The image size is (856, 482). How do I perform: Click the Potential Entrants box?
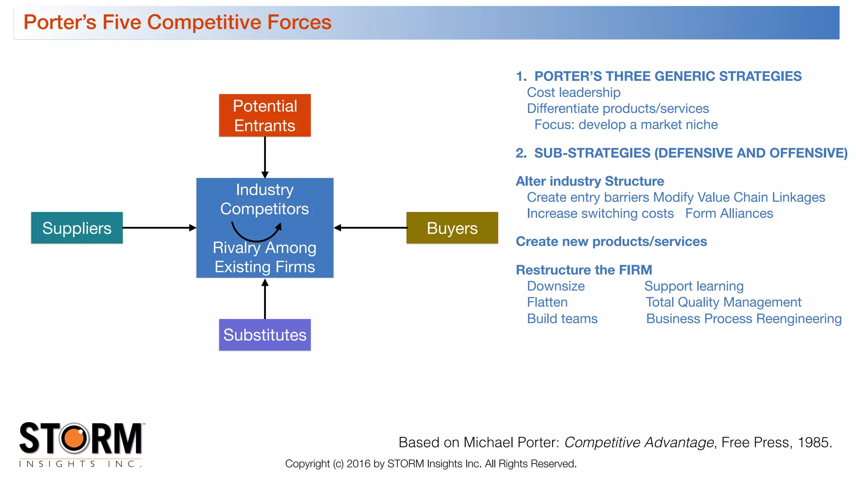point(265,115)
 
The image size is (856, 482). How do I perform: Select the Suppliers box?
point(77,228)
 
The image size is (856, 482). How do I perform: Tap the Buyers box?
point(452,228)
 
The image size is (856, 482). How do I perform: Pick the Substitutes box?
point(265,335)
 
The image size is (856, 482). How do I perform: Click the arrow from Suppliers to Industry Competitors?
point(159,228)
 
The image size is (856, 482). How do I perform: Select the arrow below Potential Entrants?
point(265,157)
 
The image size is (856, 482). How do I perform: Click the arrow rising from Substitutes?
point(265,299)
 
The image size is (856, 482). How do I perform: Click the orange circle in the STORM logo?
point(74,438)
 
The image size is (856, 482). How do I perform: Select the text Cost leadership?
point(573,92)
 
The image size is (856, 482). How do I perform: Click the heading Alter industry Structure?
point(590,181)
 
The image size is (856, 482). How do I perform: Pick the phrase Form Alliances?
point(729,213)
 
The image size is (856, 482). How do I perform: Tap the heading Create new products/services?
point(611,241)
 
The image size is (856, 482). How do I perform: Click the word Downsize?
point(555,286)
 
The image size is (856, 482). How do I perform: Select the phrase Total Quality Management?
point(723,302)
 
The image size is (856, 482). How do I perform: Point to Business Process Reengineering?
point(744,319)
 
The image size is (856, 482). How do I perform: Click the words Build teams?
point(562,319)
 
